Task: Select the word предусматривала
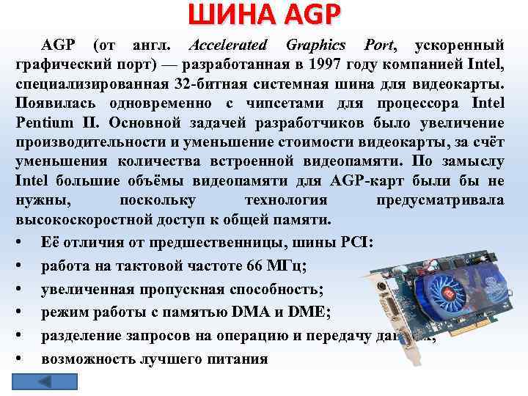[x=439, y=199]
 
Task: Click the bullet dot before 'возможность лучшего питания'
[x=22, y=359]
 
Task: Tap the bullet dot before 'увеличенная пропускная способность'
[x=22, y=289]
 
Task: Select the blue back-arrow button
[x=44, y=381]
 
